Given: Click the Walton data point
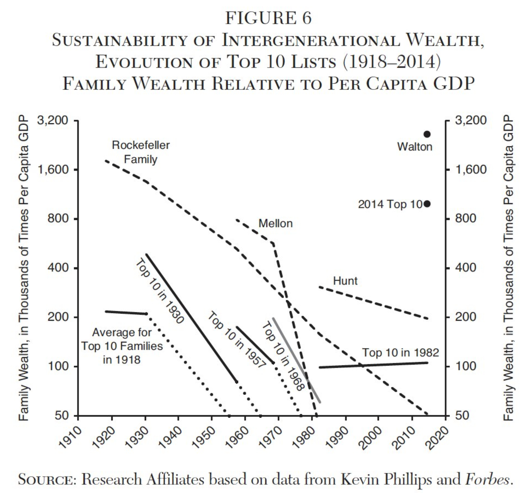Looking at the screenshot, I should click(x=427, y=134).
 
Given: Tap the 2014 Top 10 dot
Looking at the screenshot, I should click(x=427, y=204).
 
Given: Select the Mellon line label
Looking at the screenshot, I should click(x=275, y=223).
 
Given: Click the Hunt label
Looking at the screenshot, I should click(x=345, y=281).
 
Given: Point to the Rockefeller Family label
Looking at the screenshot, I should click(x=141, y=152).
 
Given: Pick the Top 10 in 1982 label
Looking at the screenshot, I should click(x=400, y=353).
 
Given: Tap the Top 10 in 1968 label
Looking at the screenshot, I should click(x=282, y=356).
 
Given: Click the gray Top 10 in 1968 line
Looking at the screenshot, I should click(x=296, y=360).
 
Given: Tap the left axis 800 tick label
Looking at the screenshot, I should click(x=59, y=219).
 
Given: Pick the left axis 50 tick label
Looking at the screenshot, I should click(x=62, y=416).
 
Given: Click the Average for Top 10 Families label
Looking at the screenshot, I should click(x=122, y=346).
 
